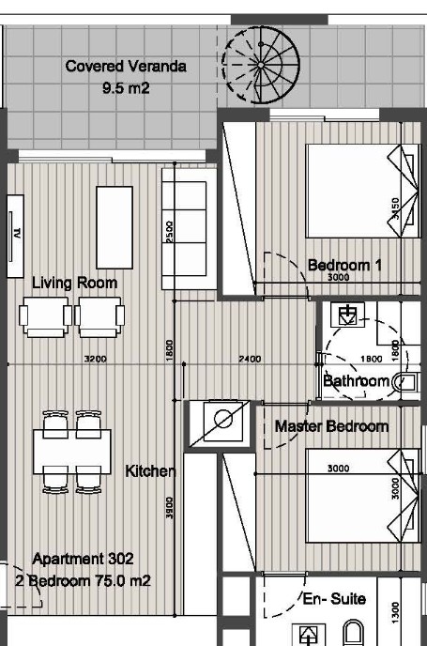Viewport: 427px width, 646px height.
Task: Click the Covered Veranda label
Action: [126, 67]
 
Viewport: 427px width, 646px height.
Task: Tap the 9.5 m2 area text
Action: [126, 88]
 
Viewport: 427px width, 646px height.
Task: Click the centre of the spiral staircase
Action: [261, 65]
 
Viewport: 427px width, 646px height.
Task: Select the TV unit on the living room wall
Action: [15, 236]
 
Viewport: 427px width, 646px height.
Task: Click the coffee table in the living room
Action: [114, 227]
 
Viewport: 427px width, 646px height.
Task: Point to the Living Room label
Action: [74, 283]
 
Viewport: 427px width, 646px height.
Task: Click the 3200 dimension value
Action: [95, 359]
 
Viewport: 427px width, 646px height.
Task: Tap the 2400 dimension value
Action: [250, 359]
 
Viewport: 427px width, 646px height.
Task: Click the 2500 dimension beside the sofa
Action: [169, 232]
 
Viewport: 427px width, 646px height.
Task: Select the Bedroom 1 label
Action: [344, 265]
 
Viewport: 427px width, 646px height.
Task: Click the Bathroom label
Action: [357, 381]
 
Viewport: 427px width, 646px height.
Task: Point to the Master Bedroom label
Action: [331, 426]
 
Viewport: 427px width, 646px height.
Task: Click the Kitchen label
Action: [151, 471]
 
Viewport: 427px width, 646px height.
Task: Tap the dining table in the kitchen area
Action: [72, 452]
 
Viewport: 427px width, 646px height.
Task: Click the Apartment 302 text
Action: [83, 559]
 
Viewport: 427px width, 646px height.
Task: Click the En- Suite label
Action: [334, 599]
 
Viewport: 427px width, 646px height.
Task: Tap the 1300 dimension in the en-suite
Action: [395, 612]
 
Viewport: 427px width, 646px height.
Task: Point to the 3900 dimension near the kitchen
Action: [169, 508]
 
